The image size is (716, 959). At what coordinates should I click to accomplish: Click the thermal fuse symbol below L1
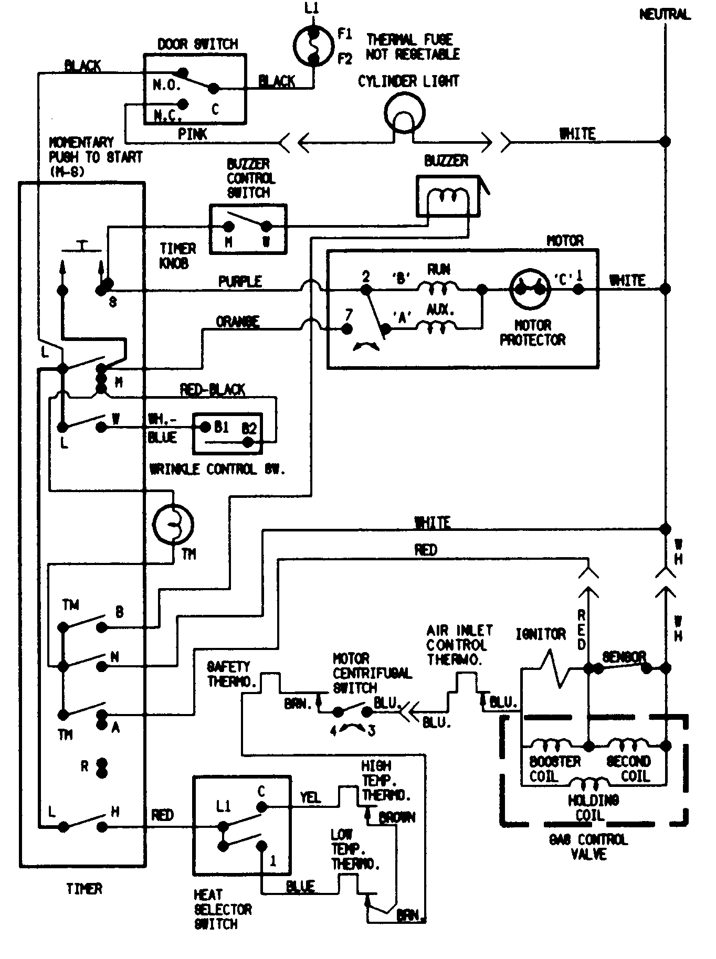pyautogui.click(x=313, y=46)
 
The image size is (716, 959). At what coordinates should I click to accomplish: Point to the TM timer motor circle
pyautogui.click(x=173, y=524)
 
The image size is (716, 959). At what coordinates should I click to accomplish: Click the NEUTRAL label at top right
pyautogui.click(x=665, y=14)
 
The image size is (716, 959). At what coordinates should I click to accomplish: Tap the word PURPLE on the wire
pyautogui.click(x=240, y=282)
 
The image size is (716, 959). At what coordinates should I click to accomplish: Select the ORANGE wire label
pyautogui.click(x=237, y=321)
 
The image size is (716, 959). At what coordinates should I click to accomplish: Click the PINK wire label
pyautogui.click(x=193, y=134)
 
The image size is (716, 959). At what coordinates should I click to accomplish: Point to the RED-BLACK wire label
pyautogui.click(x=213, y=389)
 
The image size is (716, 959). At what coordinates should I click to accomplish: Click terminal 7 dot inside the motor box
pyautogui.click(x=347, y=329)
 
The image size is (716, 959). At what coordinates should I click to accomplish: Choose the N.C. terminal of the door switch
pyautogui.click(x=183, y=103)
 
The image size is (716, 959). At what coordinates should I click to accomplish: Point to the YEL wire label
pyautogui.click(x=310, y=797)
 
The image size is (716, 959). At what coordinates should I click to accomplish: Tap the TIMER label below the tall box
pyautogui.click(x=84, y=889)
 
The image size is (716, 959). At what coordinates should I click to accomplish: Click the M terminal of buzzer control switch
pyautogui.click(x=228, y=227)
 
